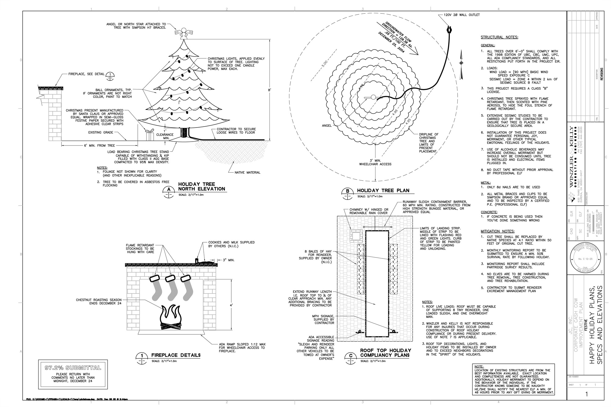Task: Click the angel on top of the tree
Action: pos(184,33)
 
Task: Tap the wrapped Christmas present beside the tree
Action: pos(150,135)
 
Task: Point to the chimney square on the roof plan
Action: pos(356,236)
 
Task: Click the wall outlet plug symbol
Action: pos(449,30)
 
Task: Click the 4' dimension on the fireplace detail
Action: pos(232,305)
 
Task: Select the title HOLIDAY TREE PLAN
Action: pos(383,190)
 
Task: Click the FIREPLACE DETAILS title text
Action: pos(176,355)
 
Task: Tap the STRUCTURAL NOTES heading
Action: pos(499,37)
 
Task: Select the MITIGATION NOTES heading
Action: pos(497,231)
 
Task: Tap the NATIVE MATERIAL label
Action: pos(247,172)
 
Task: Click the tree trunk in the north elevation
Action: pos(184,133)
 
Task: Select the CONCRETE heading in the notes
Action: pos(489,212)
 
